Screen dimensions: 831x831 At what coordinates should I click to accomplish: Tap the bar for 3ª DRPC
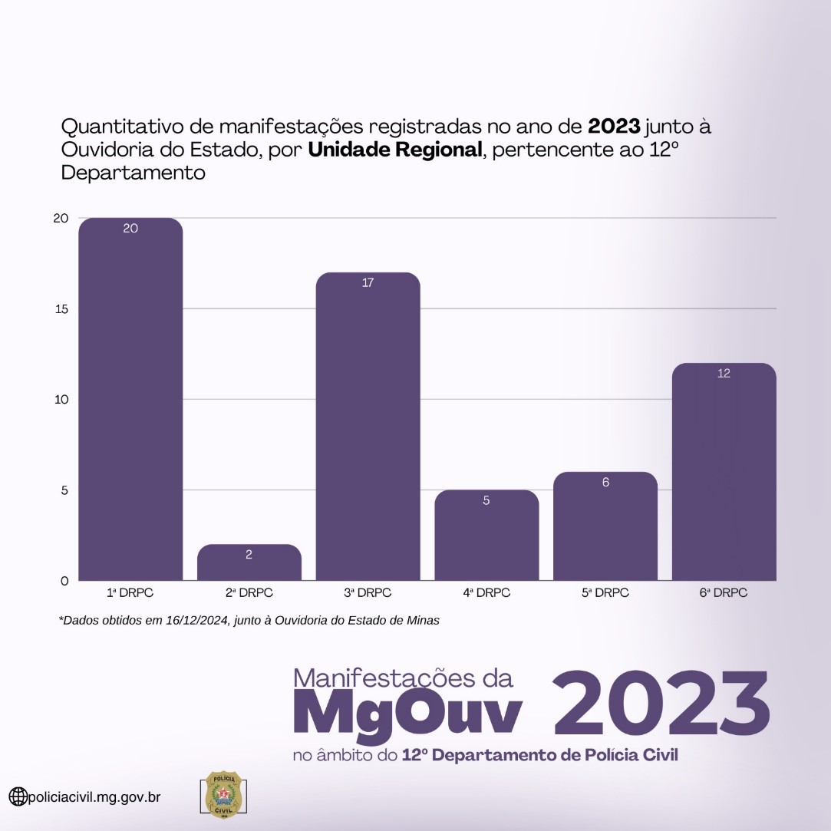click(368, 430)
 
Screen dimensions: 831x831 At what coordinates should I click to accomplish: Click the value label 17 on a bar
click(368, 283)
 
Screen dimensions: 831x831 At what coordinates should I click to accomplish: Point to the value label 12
click(724, 374)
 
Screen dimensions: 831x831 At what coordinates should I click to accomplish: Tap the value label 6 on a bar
click(605, 483)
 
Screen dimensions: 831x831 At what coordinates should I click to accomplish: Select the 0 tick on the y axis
click(64, 580)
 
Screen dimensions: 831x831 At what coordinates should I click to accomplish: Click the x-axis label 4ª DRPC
click(486, 593)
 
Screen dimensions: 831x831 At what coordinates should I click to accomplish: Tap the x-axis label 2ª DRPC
click(249, 593)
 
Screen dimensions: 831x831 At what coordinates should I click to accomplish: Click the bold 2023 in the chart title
click(614, 125)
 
